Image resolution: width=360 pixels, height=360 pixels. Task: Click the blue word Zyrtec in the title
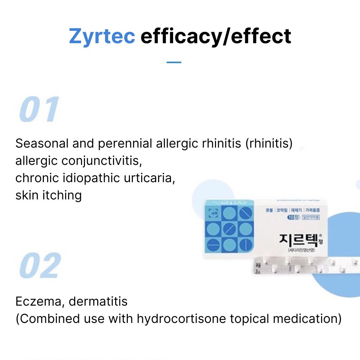(x=102, y=36)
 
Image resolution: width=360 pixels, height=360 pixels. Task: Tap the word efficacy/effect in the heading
(x=216, y=37)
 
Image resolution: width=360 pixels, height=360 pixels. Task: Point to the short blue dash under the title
(x=174, y=62)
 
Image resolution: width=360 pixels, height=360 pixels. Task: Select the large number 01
(x=39, y=109)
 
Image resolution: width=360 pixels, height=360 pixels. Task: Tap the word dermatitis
(x=98, y=301)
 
